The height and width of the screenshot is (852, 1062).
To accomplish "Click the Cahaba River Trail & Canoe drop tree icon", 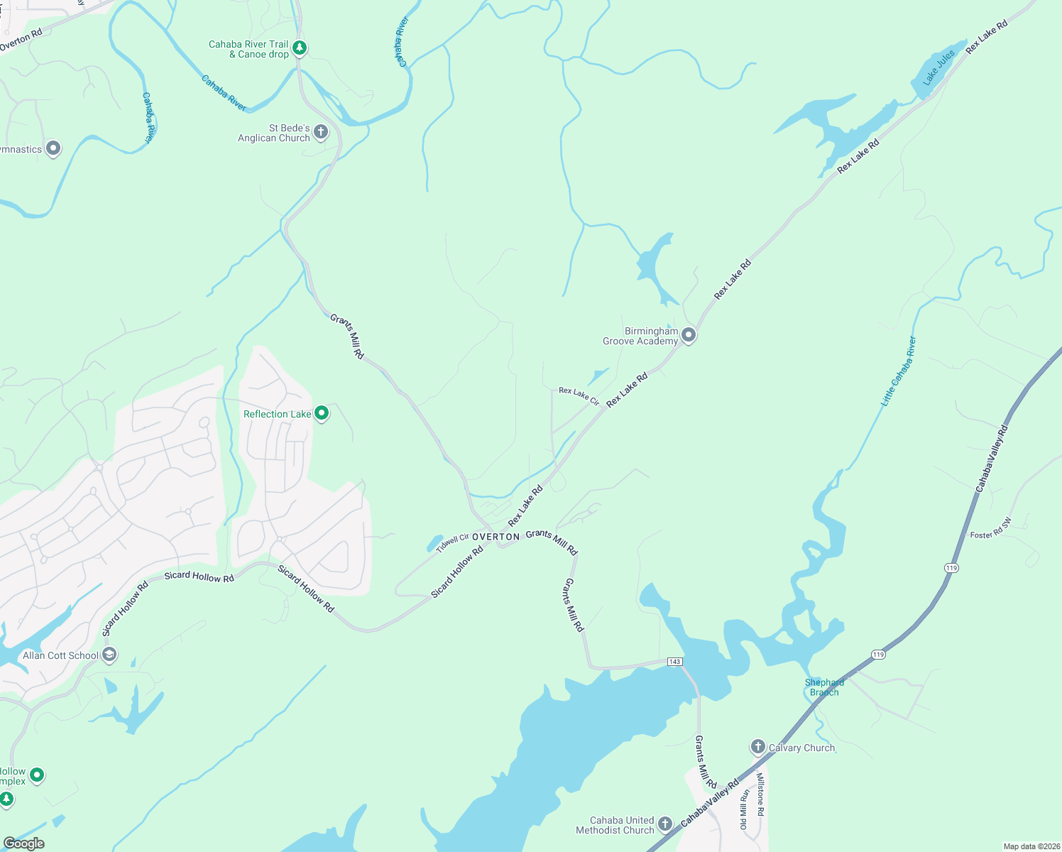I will tap(300, 48).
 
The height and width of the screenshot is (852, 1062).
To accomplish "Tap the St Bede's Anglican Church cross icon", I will tap(321, 132).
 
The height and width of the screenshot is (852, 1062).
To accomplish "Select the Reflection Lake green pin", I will tap(322, 413).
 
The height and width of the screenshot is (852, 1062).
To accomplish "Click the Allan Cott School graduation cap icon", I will tap(109, 655).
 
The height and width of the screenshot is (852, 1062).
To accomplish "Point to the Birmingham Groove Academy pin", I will tap(688, 335).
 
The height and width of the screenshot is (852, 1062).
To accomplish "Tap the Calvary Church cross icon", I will tap(758, 747).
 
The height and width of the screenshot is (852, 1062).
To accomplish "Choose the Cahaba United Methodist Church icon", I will tap(664, 824).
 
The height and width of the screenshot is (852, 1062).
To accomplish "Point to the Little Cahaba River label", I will tap(899, 371).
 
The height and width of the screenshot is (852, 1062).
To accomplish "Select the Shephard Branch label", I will tap(824, 687).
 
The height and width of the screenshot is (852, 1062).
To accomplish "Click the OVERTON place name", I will tap(496, 537).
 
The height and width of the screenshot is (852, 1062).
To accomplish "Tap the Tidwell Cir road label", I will tap(452, 542).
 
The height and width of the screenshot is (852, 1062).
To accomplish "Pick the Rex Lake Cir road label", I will tap(579, 396).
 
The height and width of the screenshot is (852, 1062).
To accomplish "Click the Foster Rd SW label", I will tap(991, 530).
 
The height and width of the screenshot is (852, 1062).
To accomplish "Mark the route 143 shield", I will tap(674, 662).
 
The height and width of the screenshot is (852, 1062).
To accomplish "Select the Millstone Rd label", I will tap(760, 794).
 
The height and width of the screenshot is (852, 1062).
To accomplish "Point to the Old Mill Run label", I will tap(744, 809).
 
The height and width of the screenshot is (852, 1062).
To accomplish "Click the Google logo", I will tap(23, 843).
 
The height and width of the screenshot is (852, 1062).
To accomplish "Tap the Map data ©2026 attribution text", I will tap(1030, 846).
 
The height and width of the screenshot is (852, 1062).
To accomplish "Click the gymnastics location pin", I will tap(53, 148).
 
